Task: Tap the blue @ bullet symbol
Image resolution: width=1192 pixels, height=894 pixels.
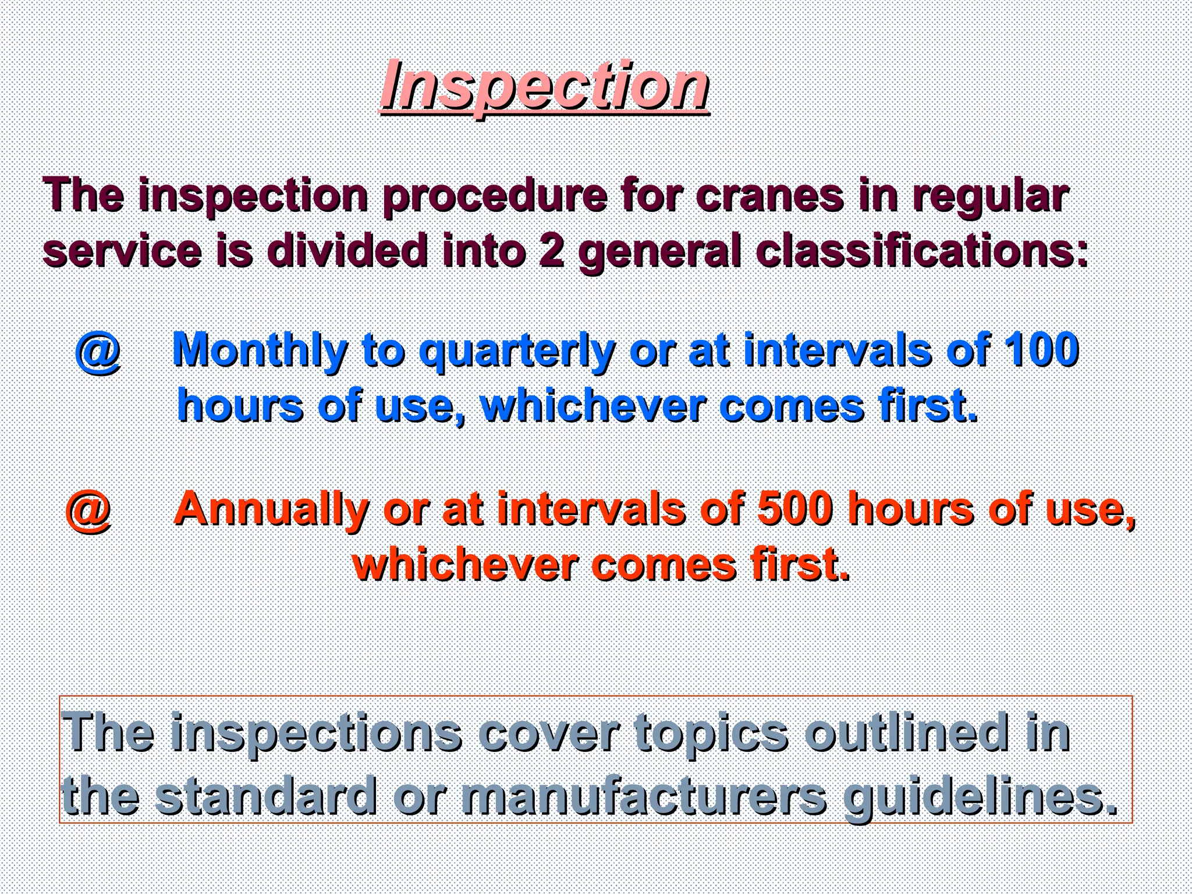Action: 98,351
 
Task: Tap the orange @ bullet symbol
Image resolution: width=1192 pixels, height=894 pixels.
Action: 88,510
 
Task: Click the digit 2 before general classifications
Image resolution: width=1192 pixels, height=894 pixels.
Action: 551,251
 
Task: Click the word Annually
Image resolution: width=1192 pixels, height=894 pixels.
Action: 271,509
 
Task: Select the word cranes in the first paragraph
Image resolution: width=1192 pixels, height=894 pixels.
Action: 769,196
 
